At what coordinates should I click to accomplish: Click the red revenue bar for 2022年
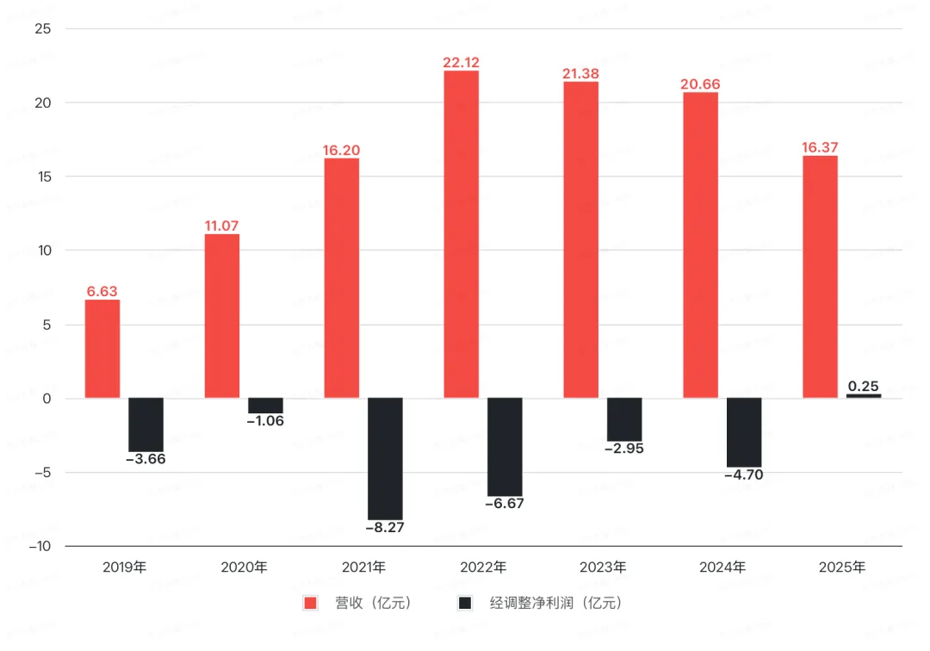click(x=461, y=234)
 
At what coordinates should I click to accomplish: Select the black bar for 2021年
click(x=385, y=458)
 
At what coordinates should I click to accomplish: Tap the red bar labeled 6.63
click(x=102, y=349)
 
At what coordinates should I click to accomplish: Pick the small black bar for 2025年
click(x=864, y=396)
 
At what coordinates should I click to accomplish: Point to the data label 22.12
click(x=461, y=62)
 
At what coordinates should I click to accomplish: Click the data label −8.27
click(x=385, y=528)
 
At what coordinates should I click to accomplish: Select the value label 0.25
click(x=864, y=386)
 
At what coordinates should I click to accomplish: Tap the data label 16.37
click(x=819, y=147)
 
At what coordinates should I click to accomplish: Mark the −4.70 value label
click(x=744, y=474)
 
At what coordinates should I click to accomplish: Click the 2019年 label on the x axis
click(x=125, y=567)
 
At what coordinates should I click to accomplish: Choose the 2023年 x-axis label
click(x=603, y=567)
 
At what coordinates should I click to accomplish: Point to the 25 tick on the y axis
click(x=44, y=29)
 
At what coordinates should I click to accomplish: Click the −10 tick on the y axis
click(x=40, y=547)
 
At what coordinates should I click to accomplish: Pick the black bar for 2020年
click(x=265, y=406)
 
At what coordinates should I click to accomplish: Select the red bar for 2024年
click(x=700, y=245)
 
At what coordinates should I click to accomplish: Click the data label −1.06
click(x=265, y=421)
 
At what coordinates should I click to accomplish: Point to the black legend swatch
click(x=465, y=603)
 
